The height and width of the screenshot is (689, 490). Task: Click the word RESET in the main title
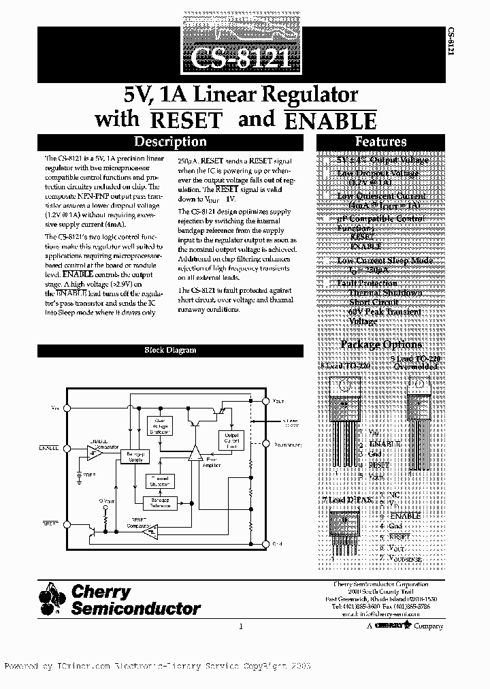(186, 120)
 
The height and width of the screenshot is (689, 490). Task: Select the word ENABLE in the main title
(329, 121)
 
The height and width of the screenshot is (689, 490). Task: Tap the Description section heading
(169, 142)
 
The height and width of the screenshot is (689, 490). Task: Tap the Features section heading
(380, 142)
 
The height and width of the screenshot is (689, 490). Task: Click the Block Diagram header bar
(169, 350)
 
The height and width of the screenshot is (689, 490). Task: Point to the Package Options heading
(380, 344)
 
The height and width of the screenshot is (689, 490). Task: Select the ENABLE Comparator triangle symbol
(95, 451)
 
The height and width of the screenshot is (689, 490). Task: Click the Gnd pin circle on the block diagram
(266, 543)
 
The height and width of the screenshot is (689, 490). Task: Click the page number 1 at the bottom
(241, 626)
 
